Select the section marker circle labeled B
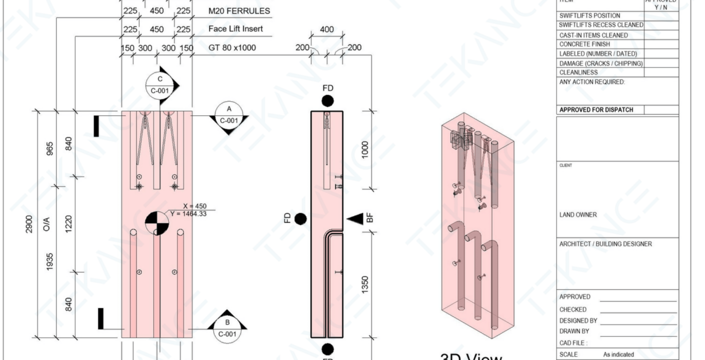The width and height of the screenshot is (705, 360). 227,328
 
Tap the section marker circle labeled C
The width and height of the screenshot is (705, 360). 160,84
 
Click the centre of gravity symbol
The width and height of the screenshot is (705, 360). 156,223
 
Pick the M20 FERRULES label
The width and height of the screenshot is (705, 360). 239,11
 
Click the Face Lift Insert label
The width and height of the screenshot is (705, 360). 235,29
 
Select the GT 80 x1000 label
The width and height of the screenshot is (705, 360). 232,48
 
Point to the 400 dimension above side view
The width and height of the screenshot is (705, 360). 326,30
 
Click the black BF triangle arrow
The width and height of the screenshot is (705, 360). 355,218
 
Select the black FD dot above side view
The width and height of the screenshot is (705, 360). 327,101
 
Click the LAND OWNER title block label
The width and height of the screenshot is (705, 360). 578,215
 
